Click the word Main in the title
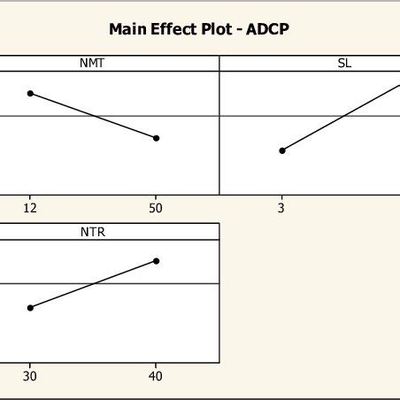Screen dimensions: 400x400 click(x=127, y=28)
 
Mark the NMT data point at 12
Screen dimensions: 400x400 click(x=30, y=93)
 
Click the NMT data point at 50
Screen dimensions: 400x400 click(x=157, y=138)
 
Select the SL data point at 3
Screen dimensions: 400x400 click(x=282, y=150)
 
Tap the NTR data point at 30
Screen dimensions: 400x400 click(x=30, y=307)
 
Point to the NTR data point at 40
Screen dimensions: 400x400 click(x=157, y=260)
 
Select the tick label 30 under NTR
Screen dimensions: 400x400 click(x=30, y=376)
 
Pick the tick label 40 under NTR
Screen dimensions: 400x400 click(x=157, y=376)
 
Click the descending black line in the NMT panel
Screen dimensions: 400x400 click(x=93, y=115)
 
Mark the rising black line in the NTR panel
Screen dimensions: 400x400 click(x=93, y=284)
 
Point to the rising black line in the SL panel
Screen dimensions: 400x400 click(x=341, y=117)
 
